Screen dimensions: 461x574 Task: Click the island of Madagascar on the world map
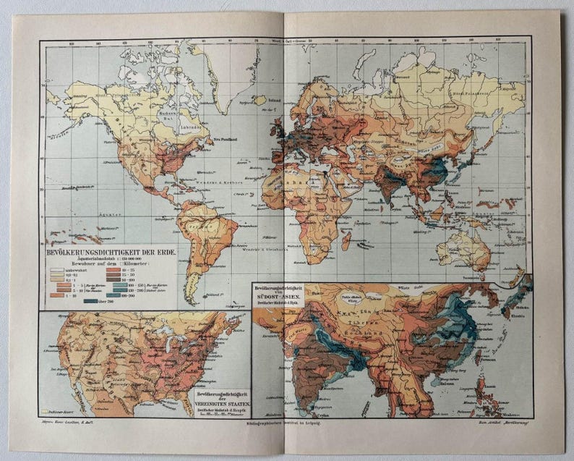tap(346, 238)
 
